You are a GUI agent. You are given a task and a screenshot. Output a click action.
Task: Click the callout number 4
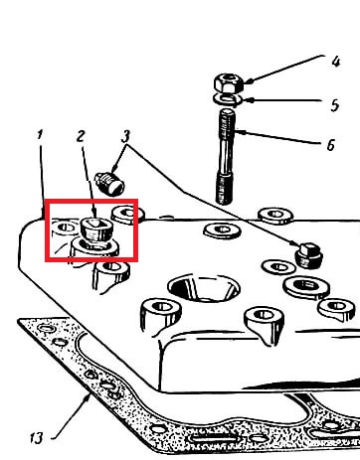pos(336,62)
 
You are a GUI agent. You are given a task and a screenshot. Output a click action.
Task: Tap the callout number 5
pos(335,105)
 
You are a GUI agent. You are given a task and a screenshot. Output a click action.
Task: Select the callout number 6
pos(331,145)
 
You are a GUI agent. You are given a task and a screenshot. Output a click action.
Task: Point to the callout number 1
pos(40,135)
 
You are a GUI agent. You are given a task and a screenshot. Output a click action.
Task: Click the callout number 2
pos(81,136)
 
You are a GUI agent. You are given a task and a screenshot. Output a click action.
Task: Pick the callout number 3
pos(126,136)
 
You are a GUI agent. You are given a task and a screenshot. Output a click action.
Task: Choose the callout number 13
pos(37,438)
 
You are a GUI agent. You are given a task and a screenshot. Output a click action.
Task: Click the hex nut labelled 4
pos(229,82)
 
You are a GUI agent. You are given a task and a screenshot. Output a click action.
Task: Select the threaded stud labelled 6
pos(226,157)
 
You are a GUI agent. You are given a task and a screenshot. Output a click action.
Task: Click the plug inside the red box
pos(97,230)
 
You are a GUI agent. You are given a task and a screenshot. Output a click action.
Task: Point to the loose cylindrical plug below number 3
pos(109,184)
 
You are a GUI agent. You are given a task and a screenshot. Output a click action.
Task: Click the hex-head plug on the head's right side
pos(308,255)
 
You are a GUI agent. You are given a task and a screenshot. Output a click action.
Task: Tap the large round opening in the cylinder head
pos(204,287)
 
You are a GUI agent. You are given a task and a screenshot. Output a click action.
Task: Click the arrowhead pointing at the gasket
pos(88,398)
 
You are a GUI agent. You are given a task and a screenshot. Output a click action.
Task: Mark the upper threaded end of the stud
pos(227,125)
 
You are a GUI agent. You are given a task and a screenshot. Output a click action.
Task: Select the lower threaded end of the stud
pos(224,188)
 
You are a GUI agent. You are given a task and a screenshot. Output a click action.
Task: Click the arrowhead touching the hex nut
pos(248,80)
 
